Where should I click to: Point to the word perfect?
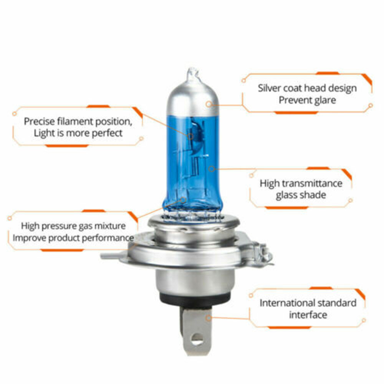[x=108, y=133]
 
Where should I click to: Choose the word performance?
[x=108, y=237]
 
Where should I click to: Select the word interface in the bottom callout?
[x=308, y=315]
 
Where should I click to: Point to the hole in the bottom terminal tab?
[x=197, y=338]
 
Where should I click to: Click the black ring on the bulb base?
[x=195, y=298]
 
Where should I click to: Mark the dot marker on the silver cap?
[x=209, y=104]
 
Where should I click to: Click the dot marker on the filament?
[x=191, y=135]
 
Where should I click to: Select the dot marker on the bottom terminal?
[x=208, y=318]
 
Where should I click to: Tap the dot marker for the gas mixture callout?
[x=184, y=200]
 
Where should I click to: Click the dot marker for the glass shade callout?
[x=211, y=168]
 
